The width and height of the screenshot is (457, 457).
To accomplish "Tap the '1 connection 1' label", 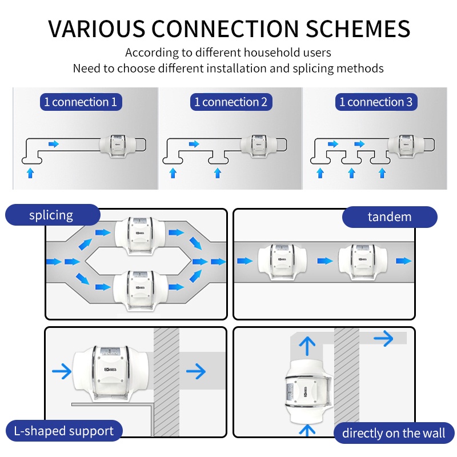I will (81, 102).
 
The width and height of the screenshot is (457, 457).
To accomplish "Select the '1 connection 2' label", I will (230, 102).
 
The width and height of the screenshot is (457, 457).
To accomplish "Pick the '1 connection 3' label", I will (375, 102).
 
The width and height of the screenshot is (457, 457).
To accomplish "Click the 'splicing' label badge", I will (51, 215).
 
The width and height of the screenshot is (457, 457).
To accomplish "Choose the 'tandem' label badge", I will (390, 217).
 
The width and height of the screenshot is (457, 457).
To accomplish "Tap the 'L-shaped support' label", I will (63, 431).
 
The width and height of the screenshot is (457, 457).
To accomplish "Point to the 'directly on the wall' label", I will (394, 433).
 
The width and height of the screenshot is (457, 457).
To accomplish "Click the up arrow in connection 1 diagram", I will (30, 172).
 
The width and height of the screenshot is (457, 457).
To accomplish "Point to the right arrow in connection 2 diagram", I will (194, 144).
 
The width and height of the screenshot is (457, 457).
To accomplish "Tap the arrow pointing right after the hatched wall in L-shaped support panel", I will (196, 372).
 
